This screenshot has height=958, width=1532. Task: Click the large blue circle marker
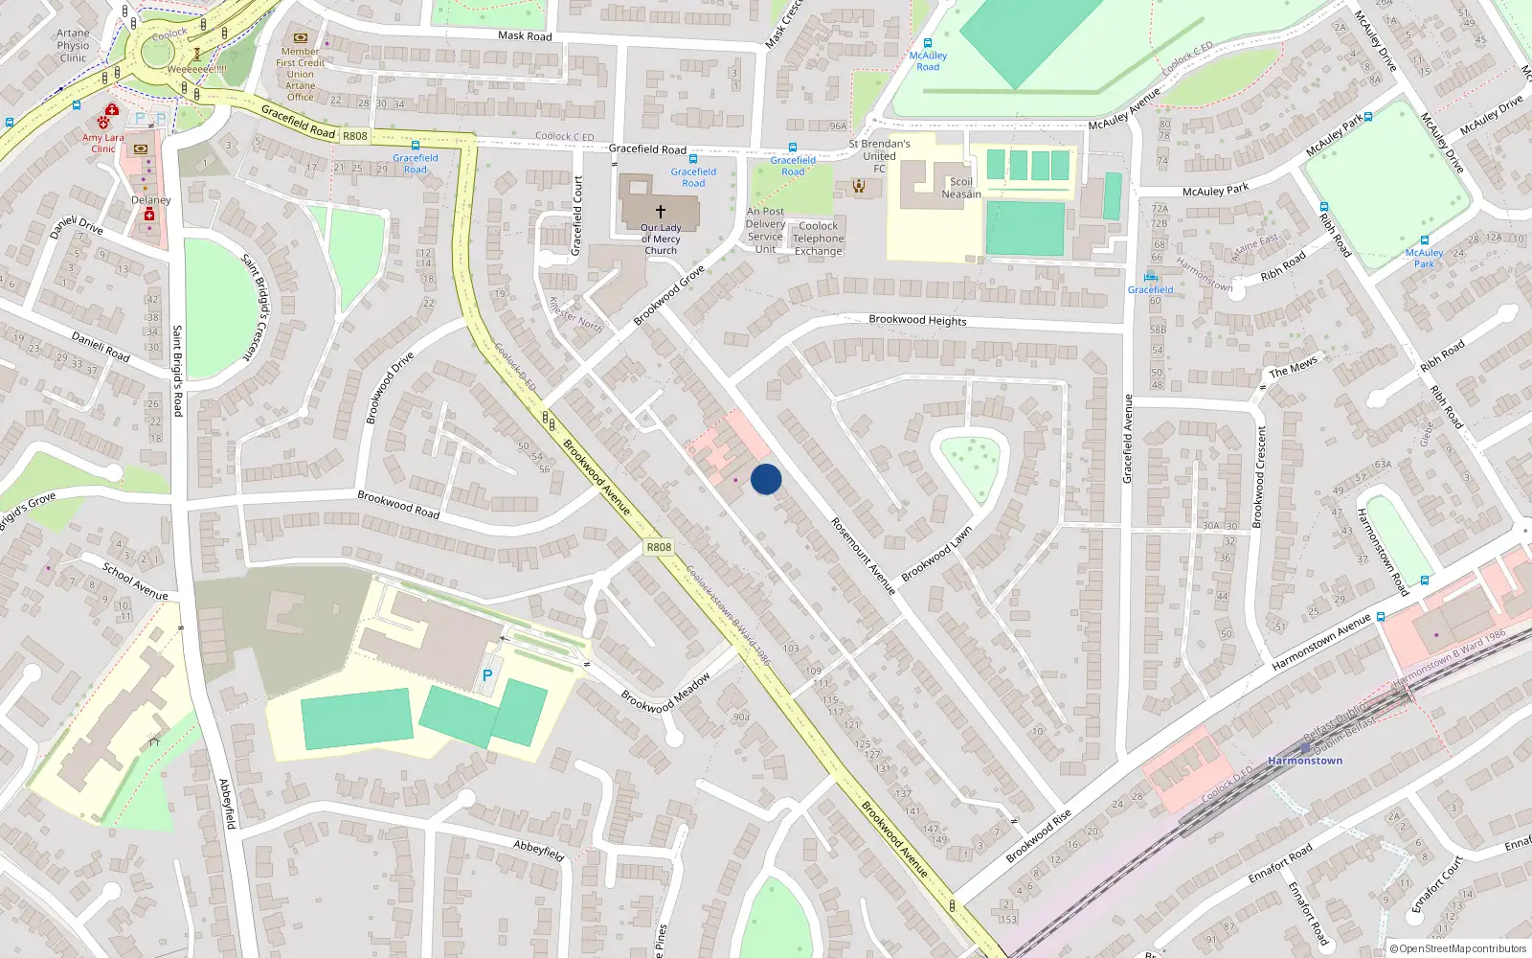(766, 479)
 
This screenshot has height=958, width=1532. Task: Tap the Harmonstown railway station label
(1305, 761)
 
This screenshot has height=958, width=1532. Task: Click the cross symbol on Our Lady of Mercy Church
(661, 211)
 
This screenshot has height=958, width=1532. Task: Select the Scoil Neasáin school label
(960, 188)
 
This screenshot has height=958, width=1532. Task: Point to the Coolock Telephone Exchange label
(818, 239)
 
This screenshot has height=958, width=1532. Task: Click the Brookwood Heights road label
(917, 320)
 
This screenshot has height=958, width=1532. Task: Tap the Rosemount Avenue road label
(863, 556)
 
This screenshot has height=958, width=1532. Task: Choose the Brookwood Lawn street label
(936, 554)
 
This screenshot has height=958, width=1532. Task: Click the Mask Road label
(525, 36)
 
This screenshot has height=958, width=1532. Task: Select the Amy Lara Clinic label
(102, 143)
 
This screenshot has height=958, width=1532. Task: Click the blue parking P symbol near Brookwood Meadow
(487, 675)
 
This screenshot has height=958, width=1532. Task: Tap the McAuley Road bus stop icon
(928, 43)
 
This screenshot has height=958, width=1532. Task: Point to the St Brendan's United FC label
(879, 156)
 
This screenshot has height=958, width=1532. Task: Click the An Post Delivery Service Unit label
(765, 230)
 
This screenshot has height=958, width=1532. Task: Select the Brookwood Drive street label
(390, 387)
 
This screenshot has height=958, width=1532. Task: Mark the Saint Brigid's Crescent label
(256, 307)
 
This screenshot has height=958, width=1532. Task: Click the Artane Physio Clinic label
(73, 45)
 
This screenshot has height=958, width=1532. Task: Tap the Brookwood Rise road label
(1038, 835)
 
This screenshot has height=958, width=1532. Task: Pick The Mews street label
(1293, 367)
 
